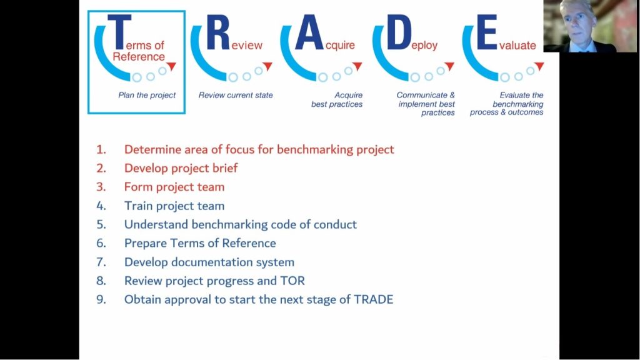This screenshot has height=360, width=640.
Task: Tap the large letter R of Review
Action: pyautogui.click(x=217, y=34)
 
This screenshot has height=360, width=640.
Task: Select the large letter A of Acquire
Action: pyautogui.click(x=308, y=34)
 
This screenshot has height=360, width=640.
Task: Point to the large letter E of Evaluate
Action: pyautogui.click(x=487, y=34)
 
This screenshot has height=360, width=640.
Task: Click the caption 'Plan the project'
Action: pyautogui.click(x=147, y=96)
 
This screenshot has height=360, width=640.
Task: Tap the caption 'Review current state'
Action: pyautogui.click(x=236, y=96)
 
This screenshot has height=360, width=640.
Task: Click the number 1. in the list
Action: pyautogui.click(x=101, y=150)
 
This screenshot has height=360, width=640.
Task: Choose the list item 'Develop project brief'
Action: pyautogui.click(x=181, y=169)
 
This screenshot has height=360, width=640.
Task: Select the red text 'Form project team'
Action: pyautogui.click(x=174, y=187)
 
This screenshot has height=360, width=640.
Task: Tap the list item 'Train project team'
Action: pyautogui.click(x=174, y=206)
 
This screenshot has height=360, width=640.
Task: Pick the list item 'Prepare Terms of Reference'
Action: pyautogui.click(x=199, y=244)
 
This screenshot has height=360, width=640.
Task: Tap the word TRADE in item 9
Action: pyautogui.click(x=372, y=300)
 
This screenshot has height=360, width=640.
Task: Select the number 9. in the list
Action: pyautogui.click(x=101, y=300)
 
